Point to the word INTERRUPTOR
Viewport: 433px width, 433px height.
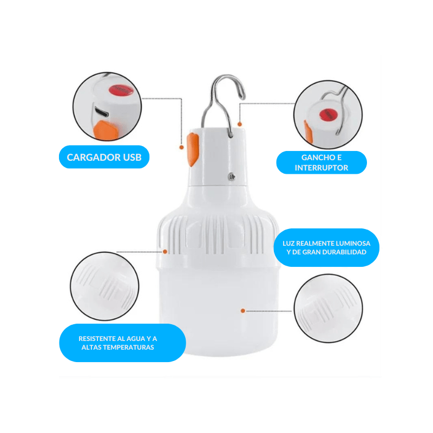tap(321, 168)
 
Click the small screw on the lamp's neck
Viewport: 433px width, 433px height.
tap(232, 176)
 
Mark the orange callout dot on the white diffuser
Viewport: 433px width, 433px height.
tap(242, 311)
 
